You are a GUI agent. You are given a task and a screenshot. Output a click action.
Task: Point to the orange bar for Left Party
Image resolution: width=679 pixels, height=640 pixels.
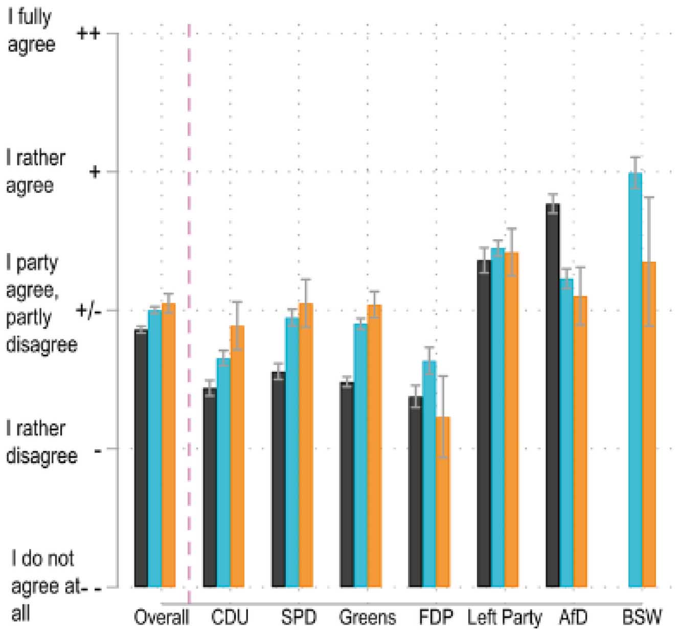(x=511, y=419)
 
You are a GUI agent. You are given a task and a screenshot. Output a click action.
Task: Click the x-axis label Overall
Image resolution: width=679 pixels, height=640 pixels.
(x=161, y=618)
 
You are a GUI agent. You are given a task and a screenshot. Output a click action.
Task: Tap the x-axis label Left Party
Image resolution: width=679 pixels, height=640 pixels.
(x=504, y=618)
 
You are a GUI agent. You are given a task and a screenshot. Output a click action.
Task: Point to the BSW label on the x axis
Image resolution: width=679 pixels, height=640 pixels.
(x=642, y=618)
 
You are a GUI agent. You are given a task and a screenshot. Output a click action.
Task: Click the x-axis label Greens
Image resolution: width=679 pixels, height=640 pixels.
(x=368, y=618)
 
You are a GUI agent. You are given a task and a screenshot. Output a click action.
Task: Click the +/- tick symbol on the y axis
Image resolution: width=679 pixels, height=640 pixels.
(x=87, y=310)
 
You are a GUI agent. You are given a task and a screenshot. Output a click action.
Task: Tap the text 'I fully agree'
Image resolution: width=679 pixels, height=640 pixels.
(x=31, y=31)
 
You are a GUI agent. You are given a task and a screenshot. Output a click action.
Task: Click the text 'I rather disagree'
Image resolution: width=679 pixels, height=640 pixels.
(x=41, y=442)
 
